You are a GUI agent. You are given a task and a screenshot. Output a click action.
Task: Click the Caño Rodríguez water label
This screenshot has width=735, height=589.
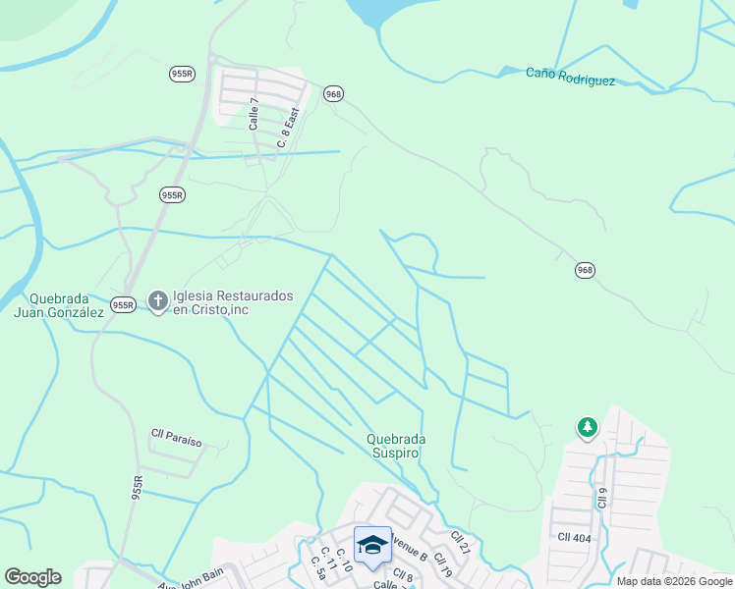point(570,77)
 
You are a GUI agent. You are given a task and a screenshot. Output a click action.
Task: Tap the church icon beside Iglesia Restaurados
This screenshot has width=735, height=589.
point(157,299)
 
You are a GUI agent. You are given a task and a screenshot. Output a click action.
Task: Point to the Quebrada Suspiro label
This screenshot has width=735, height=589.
point(393,447)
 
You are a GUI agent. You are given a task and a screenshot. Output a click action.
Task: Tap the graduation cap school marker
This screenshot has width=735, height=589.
point(372,545)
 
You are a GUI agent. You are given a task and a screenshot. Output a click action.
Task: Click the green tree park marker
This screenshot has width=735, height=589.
point(588,427)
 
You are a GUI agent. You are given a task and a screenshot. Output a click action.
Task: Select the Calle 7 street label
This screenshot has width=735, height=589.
point(254,115)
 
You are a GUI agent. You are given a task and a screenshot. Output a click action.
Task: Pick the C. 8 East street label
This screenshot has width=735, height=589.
point(287,129)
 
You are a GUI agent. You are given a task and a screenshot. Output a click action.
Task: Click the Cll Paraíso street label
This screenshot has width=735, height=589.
point(176,438)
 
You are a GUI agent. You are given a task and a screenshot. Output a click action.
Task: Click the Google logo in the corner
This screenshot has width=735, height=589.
point(32,577)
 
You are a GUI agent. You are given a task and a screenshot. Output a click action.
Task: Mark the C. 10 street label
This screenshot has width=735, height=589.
point(343,559)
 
